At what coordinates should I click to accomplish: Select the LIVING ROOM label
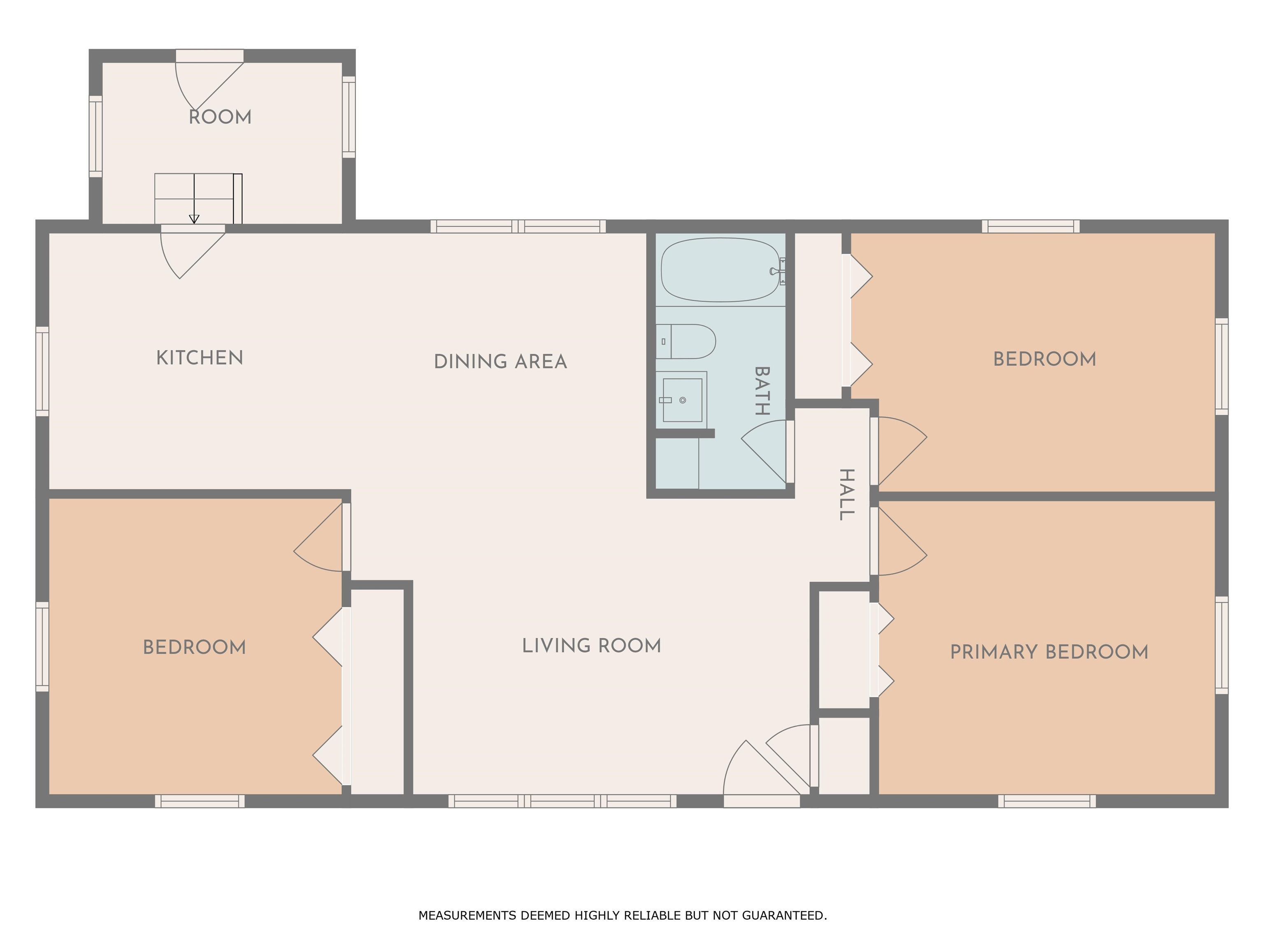(591, 646)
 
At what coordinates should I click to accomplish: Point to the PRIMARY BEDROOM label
(1049, 652)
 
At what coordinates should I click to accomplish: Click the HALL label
(847, 494)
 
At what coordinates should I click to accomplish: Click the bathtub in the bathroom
(721, 270)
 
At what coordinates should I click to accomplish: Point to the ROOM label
(220, 117)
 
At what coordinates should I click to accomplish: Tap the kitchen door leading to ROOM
(193, 252)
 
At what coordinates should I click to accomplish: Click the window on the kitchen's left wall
(42, 372)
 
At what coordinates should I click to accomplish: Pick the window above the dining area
(518, 226)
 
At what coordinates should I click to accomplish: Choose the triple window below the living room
(562, 801)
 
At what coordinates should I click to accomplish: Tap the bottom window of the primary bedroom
(1047, 801)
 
